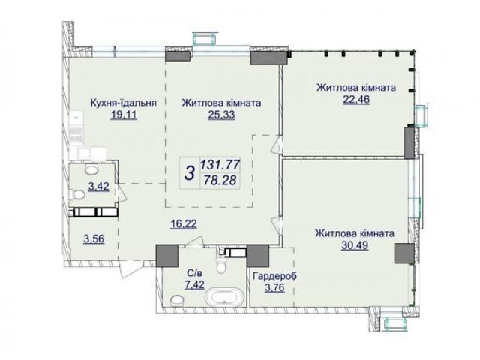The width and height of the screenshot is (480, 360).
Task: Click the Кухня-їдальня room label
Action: coord(123,103)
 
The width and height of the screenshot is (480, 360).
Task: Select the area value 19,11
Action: coord(124,115)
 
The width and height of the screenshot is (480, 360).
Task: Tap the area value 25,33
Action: coord(222,115)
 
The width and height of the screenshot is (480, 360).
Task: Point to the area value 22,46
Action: coord(356,100)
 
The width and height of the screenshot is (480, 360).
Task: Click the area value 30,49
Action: coord(355,245)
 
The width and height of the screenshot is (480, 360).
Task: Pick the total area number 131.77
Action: coord(220,165)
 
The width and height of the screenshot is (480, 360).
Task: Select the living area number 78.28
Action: coord(220,180)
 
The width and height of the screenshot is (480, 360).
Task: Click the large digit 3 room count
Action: coord(190,173)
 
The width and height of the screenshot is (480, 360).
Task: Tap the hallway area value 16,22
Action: coord(184,224)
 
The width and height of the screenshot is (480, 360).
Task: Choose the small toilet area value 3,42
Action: coord(98,187)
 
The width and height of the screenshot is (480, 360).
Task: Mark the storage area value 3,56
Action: coord(94,238)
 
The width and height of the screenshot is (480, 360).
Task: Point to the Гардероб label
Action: coord(274,276)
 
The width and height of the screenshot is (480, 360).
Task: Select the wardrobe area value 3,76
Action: coord(274,288)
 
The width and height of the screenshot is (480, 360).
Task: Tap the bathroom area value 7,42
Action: coord(194,285)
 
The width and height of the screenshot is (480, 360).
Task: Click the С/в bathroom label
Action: coord(194,273)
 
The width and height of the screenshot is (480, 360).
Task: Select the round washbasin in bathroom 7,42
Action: coord(177,300)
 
